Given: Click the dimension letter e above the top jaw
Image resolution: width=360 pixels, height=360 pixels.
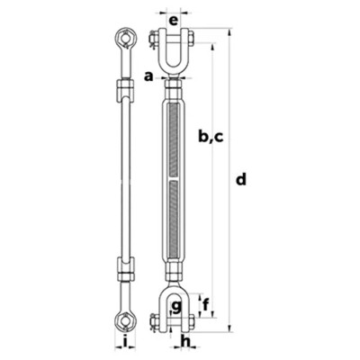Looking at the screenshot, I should tap(173, 17).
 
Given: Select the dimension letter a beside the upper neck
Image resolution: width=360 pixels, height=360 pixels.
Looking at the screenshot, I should tap(148, 76).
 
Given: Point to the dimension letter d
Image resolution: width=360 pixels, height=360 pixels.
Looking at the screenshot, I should tap(240, 179).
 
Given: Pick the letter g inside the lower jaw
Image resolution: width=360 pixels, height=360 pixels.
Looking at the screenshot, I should tap(176, 306).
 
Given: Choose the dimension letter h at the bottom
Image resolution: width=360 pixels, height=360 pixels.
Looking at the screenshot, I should tap(185, 342).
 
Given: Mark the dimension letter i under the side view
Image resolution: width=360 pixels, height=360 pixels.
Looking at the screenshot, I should tap(122, 343).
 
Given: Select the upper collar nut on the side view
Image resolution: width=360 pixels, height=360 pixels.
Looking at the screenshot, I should tap(123, 89).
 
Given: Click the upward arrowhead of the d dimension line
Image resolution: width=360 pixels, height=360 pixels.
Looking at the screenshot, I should tap(231, 32).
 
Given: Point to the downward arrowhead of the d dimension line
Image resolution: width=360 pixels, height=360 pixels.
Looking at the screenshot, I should tap(231, 328).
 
